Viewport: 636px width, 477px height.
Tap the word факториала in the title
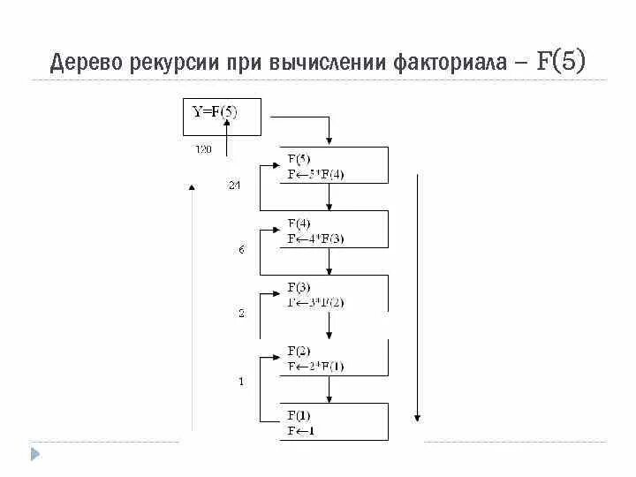pyautogui.click(x=445, y=64)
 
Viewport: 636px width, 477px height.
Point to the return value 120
pyautogui.click(x=203, y=149)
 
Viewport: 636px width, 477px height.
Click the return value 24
pyautogui.click(x=234, y=185)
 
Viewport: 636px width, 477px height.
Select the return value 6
pyautogui.click(x=241, y=250)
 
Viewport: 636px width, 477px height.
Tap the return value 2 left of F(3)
pyautogui.click(x=241, y=314)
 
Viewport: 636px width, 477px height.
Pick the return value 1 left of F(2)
pyautogui.click(x=241, y=382)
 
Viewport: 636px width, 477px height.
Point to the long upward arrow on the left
pyautogui.click(x=192, y=309)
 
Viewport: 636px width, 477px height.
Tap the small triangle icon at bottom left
pyautogui.click(x=35, y=455)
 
